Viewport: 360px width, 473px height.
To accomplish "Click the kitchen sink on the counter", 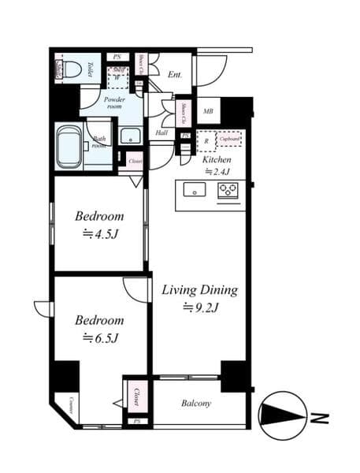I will coord(195,189).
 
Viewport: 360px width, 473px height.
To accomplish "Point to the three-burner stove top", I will coord(228,189).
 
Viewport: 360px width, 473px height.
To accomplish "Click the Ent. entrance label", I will coord(176,75).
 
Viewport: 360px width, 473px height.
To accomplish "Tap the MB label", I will coord(209,111).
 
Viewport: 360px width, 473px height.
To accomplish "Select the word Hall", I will coord(161,133).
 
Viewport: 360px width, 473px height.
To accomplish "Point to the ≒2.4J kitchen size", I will coord(218,170).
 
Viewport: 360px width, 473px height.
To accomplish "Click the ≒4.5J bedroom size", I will coord(99,233).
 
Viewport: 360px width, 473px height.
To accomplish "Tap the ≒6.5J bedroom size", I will coord(99,338).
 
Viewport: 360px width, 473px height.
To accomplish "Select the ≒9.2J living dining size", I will coord(199,307).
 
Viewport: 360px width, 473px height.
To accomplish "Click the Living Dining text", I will coord(199,289).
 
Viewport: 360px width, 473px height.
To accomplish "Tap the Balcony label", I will coord(196,404).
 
